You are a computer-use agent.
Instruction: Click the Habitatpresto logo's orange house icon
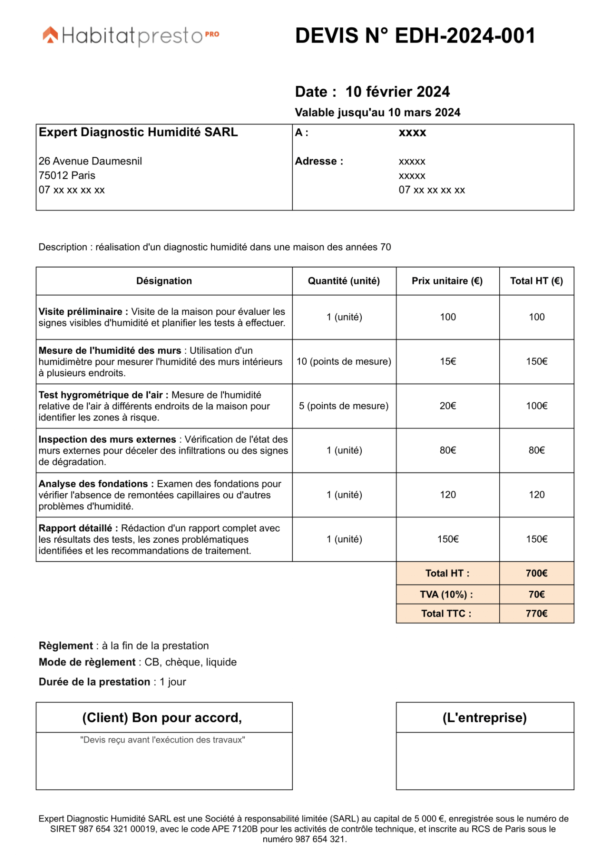tap(50, 35)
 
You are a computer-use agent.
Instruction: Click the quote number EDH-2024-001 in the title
tap(465, 36)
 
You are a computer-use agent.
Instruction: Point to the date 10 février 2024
tap(397, 92)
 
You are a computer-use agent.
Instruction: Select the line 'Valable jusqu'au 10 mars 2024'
tap(377, 113)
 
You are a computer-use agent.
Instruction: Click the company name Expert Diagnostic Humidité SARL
tap(138, 132)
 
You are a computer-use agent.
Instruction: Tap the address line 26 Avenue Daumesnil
tap(90, 161)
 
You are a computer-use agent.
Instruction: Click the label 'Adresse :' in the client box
tap(319, 161)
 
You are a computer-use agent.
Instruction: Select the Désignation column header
tap(164, 281)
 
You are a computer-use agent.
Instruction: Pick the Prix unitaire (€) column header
tap(447, 281)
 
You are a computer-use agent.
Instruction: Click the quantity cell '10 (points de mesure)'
tap(344, 362)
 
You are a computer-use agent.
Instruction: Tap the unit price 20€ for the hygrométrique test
tap(448, 406)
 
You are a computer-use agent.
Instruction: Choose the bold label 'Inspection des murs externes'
tap(107, 440)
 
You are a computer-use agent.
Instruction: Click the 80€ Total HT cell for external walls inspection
tap(537, 450)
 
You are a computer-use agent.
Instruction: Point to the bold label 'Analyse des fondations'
tap(93, 484)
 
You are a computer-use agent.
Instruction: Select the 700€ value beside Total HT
tap(537, 573)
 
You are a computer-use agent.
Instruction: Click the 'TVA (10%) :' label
tap(446, 594)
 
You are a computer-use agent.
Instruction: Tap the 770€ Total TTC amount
tap(537, 613)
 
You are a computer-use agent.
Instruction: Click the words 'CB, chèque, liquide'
tap(190, 662)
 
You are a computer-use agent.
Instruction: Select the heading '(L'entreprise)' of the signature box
tap(485, 717)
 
